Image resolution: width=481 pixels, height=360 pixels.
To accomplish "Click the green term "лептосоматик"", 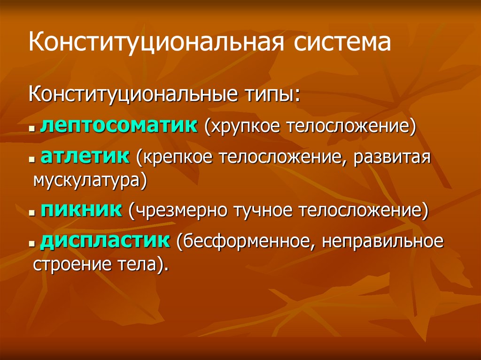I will tap(119, 127).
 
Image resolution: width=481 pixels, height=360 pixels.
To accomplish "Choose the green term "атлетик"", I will tap(85, 156).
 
